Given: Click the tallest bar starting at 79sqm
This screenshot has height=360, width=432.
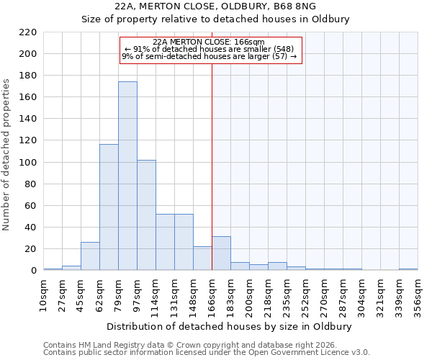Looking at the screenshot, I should pos(127,176).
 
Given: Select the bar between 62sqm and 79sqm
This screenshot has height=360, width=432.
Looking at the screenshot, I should pos(109,207).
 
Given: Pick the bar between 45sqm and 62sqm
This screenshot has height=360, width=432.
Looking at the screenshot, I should pos(90,256).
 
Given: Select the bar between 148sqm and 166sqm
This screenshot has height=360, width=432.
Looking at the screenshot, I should pos(202,258).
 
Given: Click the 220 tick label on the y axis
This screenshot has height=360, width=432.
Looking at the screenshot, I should pos(27,32).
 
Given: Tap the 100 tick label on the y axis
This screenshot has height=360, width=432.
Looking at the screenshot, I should pos(27,163).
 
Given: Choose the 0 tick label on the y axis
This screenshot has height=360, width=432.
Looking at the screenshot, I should pos(33,271).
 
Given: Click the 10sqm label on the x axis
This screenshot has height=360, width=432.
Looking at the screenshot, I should pos(43,295).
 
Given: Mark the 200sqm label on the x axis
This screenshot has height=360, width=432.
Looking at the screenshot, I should pos(249,295).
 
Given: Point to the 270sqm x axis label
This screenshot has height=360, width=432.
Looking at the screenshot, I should pos(324,295).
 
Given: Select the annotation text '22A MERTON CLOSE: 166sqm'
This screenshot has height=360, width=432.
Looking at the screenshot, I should pos(210,42).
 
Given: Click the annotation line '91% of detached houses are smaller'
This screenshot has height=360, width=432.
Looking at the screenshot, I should pos(210,49).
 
